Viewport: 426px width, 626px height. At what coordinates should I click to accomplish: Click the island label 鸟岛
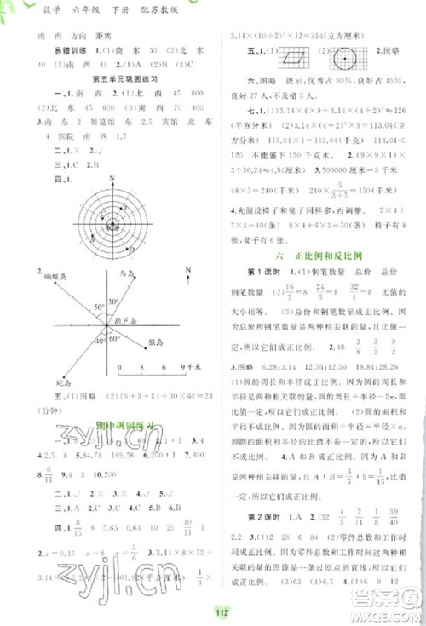(x=128, y=273)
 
